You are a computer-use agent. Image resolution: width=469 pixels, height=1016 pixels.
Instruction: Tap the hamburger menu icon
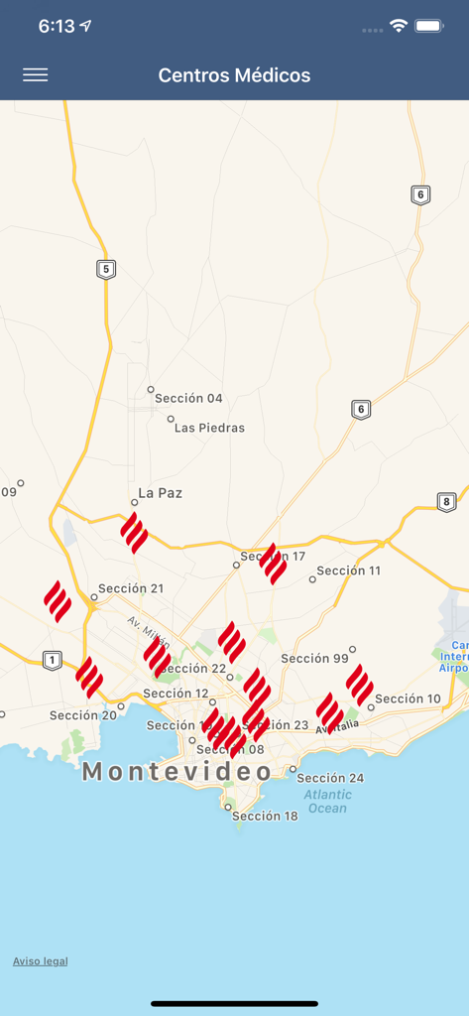pyautogui.click(x=35, y=75)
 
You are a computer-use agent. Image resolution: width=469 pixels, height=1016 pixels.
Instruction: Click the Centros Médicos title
pyautogui.click(x=234, y=75)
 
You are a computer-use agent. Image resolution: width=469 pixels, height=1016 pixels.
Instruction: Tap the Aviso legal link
pyautogui.click(x=41, y=960)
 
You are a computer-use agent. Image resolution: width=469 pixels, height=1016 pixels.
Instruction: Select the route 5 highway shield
pyautogui.click(x=106, y=269)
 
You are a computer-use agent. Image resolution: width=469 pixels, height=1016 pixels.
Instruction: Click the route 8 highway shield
pyautogui.click(x=446, y=502)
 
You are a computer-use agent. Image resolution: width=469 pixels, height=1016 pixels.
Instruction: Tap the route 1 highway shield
pyautogui.click(x=53, y=660)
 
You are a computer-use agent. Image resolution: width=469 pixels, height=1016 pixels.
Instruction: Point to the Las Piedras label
pyautogui.click(x=209, y=428)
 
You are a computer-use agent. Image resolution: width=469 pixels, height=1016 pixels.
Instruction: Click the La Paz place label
pyautogui.click(x=160, y=493)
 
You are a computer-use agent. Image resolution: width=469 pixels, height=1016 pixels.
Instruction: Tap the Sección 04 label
pyautogui.click(x=188, y=399)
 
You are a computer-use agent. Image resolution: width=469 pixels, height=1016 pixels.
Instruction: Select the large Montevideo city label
pyautogui.click(x=177, y=771)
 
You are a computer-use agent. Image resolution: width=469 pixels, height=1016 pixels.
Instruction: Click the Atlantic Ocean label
pyautogui.click(x=326, y=801)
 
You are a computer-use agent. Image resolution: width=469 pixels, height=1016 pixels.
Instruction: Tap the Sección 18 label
pyautogui.click(x=265, y=816)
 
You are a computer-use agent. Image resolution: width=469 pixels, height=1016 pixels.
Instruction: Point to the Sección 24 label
pyautogui.click(x=330, y=778)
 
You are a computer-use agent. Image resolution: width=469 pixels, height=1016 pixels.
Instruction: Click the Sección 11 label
pyautogui.click(x=348, y=571)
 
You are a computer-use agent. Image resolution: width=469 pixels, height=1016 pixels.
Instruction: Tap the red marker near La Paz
pyautogui.click(x=134, y=532)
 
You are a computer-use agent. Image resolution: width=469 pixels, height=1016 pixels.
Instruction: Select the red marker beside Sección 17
pyautogui.click(x=273, y=563)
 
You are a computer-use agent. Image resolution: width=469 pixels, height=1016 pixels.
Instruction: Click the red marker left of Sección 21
pyautogui.click(x=58, y=600)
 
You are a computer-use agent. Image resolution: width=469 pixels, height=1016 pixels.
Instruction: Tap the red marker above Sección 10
pyautogui.click(x=359, y=684)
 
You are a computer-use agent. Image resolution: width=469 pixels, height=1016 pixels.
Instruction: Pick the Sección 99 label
pyautogui.click(x=314, y=658)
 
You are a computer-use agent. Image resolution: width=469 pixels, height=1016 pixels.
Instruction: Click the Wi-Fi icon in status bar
pyautogui.click(x=399, y=26)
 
